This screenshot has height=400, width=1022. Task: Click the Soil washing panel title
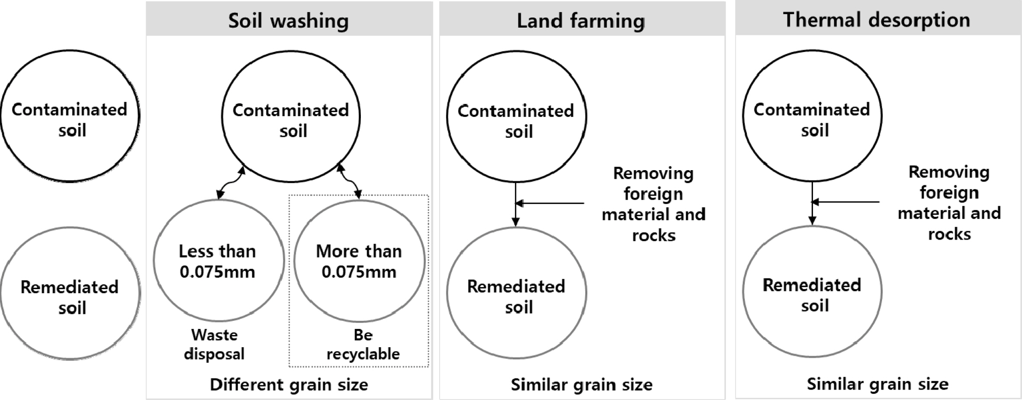coord(289,20)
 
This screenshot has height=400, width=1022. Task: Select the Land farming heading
coord(581,20)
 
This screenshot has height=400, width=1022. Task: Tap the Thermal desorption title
coord(877,20)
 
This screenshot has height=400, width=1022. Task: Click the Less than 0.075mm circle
coord(219,261)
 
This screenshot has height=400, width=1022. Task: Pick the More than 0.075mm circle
coord(359,261)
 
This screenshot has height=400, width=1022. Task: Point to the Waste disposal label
coord(214,345)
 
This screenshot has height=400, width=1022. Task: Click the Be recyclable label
coord(363,345)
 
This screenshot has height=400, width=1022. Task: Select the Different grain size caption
coord(289,384)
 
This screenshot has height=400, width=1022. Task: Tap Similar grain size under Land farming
coord(582,384)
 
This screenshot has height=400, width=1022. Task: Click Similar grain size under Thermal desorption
coord(877,384)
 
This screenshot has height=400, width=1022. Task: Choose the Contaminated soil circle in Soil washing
coord(291,116)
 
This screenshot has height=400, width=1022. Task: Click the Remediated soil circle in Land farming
coord(516,293)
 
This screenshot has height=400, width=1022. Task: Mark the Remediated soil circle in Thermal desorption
coord(812,291)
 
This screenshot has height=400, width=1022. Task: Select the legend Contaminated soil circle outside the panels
coord(70,116)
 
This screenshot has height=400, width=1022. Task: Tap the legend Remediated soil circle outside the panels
coord(70,293)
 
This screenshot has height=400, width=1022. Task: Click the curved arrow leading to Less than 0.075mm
coord(231,183)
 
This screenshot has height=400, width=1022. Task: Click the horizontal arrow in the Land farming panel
coord(550,203)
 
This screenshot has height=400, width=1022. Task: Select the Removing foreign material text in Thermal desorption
coord(949,203)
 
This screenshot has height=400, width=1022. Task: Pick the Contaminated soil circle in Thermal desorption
coord(812,116)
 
